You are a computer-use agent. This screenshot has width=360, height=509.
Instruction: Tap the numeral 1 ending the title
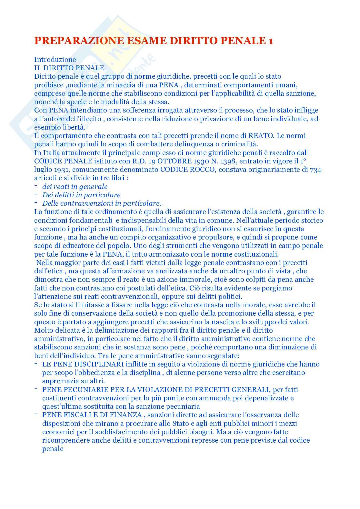click(x=271, y=41)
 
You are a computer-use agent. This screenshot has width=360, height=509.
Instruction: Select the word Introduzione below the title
click(x=55, y=59)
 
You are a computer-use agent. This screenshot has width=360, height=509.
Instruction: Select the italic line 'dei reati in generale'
click(x=75, y=186)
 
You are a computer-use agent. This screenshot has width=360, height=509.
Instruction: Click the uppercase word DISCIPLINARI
click(x=99, y=364)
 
